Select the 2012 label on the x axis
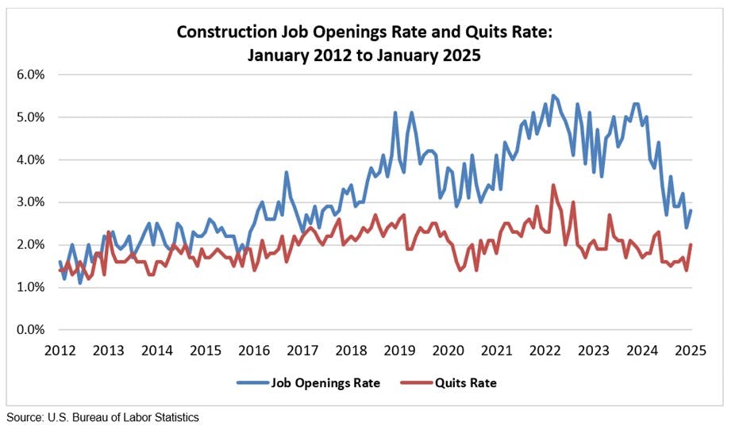coord(60,350)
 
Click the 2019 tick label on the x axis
coord(399,350)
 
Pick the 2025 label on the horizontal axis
coord(691,350)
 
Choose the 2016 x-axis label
coord(254,350)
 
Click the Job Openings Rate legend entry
coord(310,383)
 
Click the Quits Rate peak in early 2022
coord(553,185)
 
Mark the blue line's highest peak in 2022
coord(553,96)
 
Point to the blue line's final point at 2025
coord(691,210)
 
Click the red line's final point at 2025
coord(691,244)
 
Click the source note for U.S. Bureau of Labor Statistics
coord(103,417)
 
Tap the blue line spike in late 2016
coord(287,172)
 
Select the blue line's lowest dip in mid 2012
coord(80,282)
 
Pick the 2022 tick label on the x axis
coord(545,350)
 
